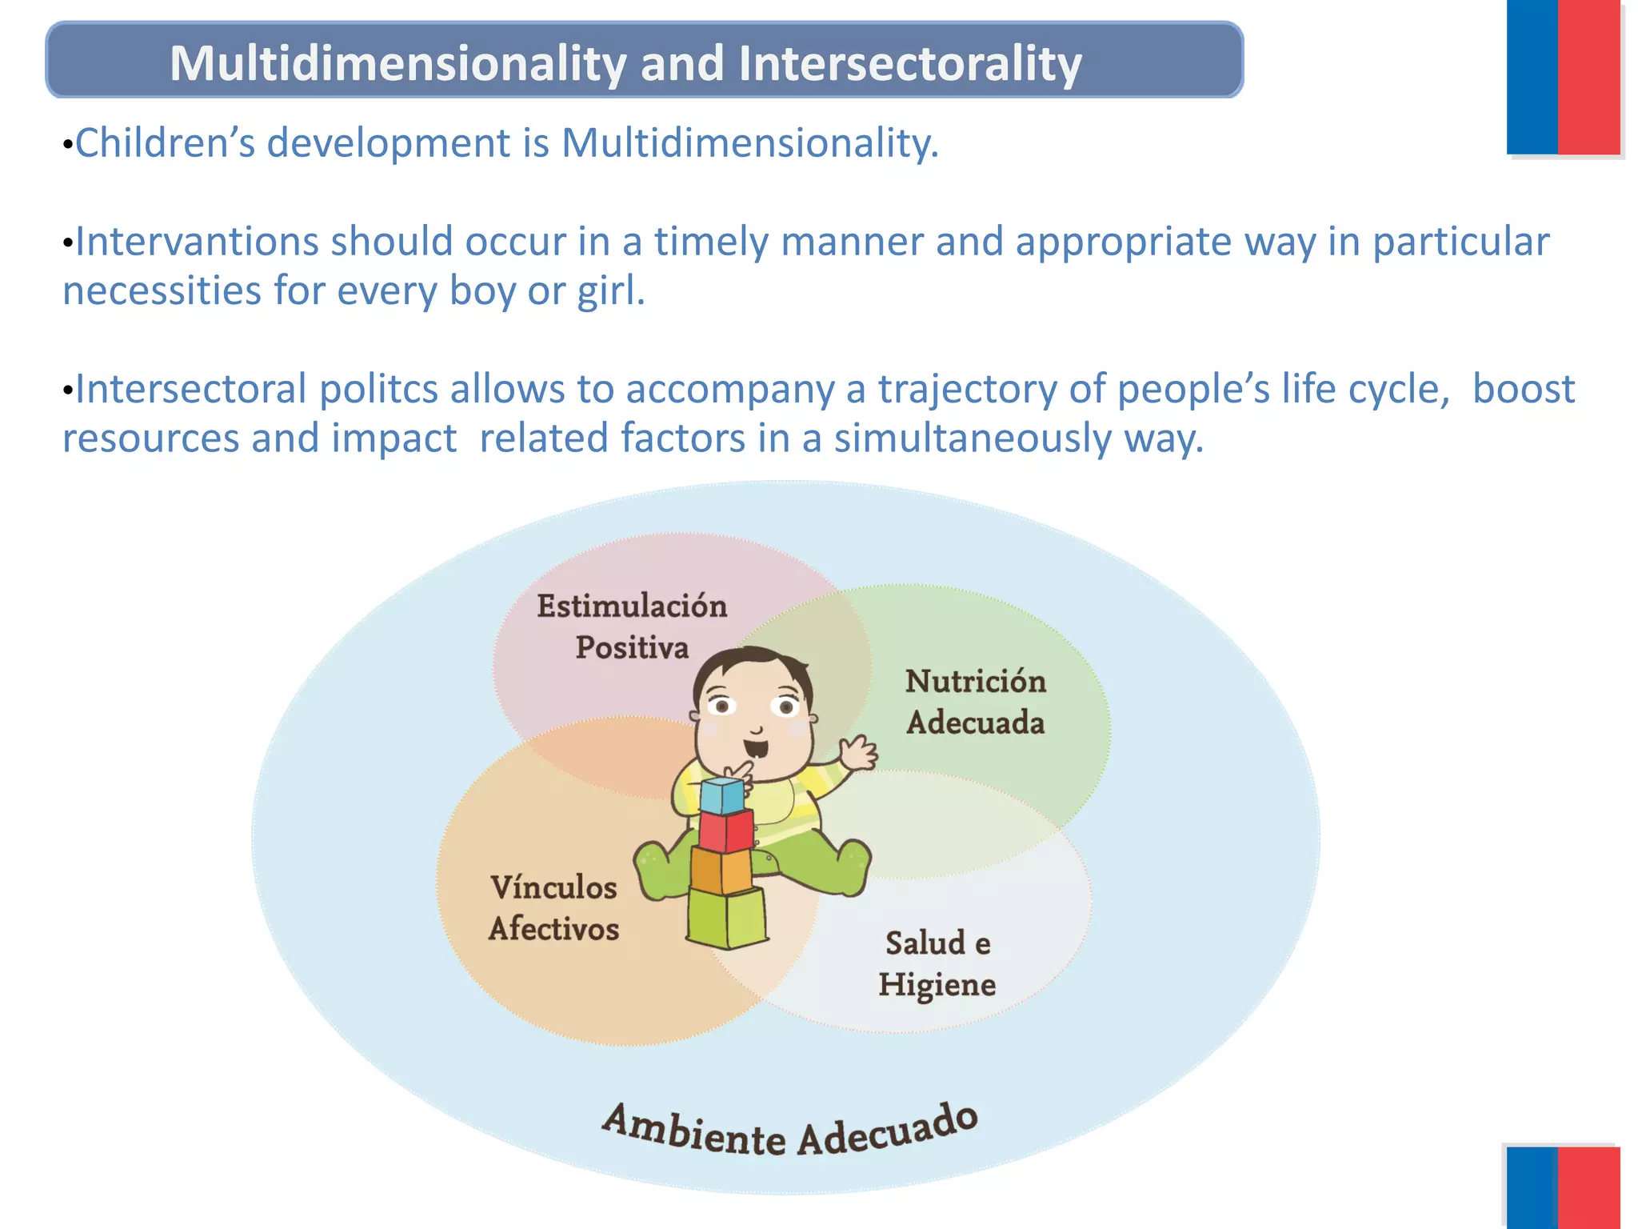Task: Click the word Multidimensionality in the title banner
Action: [398, 64]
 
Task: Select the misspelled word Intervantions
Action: [197, 242]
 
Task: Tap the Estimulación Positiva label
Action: [632, 627]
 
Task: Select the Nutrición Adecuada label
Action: [975, 702]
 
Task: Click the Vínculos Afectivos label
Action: [553, 908]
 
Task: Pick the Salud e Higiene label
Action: [937, 963]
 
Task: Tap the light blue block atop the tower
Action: [721, 795]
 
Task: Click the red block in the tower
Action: [725, 831]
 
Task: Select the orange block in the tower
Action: [721, 871]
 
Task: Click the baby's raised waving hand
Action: [857, 753]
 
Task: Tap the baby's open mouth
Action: [755, 750]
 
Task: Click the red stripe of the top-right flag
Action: [1588, 76]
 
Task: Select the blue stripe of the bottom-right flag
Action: [1532, 1187]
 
